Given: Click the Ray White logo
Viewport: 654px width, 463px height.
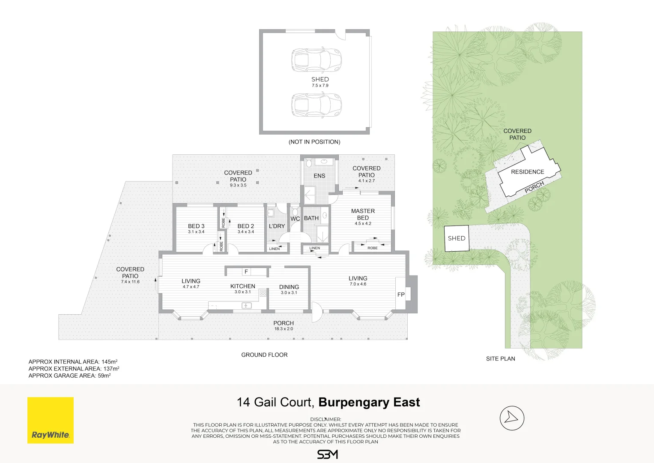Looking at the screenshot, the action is pos(51,420).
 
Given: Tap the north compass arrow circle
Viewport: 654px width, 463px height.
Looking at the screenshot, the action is pos(512,418).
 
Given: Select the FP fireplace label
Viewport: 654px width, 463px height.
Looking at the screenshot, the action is pos(401,295).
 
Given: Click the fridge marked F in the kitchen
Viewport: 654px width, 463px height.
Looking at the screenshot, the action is pos(246,271).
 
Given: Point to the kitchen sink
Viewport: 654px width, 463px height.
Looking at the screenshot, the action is pos(247,306).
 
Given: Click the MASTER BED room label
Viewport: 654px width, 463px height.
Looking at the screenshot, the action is pos(363,214).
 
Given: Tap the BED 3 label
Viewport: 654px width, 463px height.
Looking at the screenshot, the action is pos(196,226).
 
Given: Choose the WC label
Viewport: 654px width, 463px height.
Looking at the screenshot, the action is pos(295,219).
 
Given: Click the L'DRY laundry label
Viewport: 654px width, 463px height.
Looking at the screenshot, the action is pos(277,226).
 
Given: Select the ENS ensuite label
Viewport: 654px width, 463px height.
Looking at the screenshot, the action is pos(320,176).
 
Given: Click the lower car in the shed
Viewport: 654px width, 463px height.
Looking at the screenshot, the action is pos(317,105).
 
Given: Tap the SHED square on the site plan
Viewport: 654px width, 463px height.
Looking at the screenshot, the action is pos(457,238).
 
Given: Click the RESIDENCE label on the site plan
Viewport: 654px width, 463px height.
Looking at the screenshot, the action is pos(528,172).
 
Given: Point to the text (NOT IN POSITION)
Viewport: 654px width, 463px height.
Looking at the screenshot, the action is pos(314,142).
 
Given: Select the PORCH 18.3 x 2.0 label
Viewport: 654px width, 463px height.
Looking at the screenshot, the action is pos(284,326).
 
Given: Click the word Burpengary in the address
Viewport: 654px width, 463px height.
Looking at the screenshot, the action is pos(354,403).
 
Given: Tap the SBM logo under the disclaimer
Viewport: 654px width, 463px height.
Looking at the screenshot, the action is pos(327,454).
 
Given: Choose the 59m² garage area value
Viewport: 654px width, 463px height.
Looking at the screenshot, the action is pos(104,375).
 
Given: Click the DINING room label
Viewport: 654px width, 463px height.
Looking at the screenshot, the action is pos(289,287).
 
